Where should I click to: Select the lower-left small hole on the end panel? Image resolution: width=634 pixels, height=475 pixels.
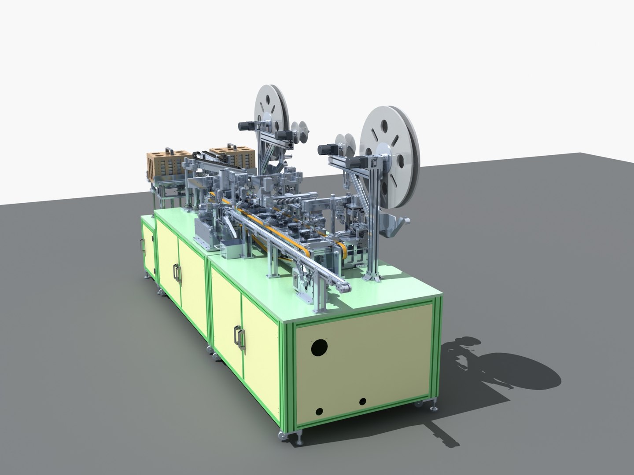319,412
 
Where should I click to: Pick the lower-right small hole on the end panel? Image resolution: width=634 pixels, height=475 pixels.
362,401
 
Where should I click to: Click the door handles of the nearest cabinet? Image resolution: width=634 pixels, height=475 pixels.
239,338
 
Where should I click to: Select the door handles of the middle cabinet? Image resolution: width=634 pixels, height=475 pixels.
177,274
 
